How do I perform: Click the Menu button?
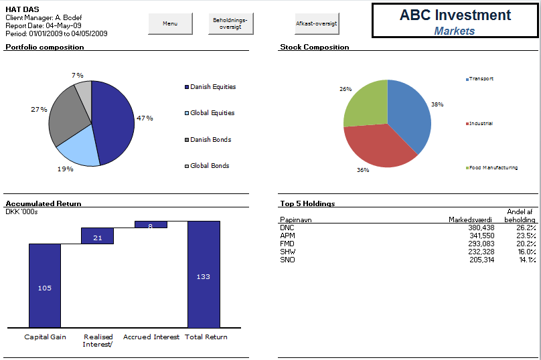coord(170,23)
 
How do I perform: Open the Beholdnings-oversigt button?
coord(230,23)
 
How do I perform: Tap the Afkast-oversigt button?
coord(317,23)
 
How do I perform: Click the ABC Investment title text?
coord(455,15)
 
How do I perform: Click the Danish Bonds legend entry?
coord(210,139)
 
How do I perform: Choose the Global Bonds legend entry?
coord(210,165)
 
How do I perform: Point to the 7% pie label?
coord(78,75)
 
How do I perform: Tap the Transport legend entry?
coord(480,79)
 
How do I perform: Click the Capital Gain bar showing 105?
coord(45,286)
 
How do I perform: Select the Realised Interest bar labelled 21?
coord(98,236)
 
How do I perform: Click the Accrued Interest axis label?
coord(151,337)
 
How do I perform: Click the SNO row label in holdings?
coord(287,260)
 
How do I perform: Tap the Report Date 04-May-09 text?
coord(44,25)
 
